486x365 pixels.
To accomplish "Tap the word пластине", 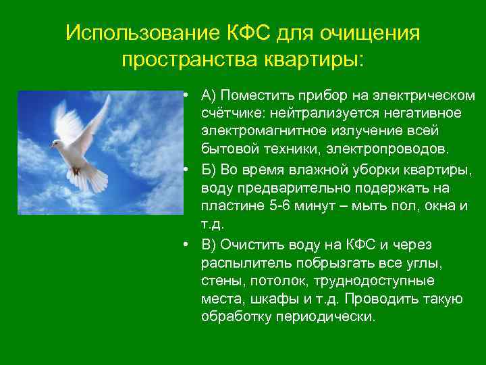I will point(230,205).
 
